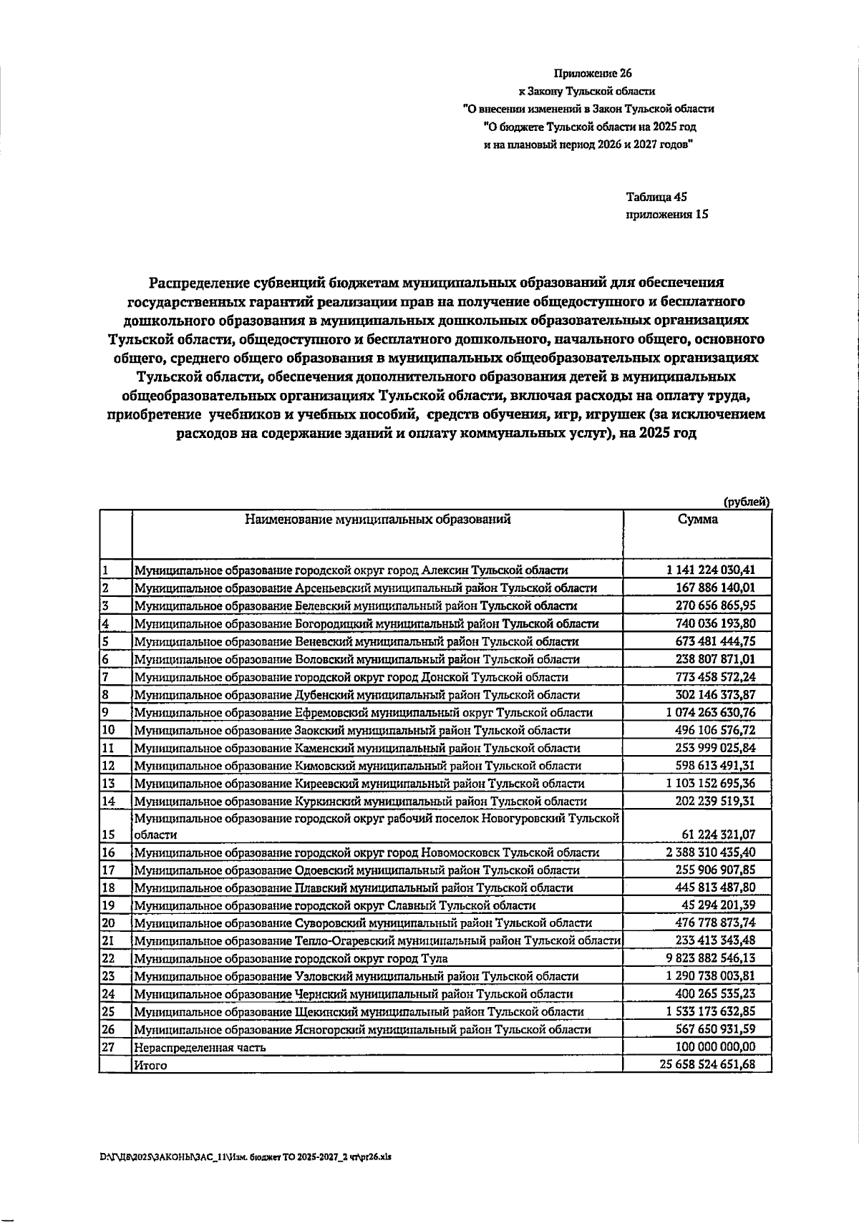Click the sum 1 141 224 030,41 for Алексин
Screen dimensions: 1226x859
pyautogui.click(x=709, y=570)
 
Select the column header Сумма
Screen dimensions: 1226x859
pyautogui.click(x=697, y=520)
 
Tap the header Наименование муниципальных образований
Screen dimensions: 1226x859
pyautogui.click(x=378, y=520)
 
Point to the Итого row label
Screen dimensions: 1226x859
pyautogui.click(x=150, y=1066)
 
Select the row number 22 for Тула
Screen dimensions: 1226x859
pyautogui.click(x=109, y=958)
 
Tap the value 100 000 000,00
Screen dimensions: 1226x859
pyautogui.click(x=715, y=1047)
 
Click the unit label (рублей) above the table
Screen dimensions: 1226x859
pyautogui.click(x=747, y=502)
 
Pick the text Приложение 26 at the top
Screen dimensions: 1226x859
pyautogui.click(x=593, y=73)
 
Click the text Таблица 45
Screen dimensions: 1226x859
pyautogui.click(x=656, y=196)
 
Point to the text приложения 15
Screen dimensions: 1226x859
pyautogui.click(x=666, y=214)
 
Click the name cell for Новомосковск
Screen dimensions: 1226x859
pyautogui.click(x=367, y=852)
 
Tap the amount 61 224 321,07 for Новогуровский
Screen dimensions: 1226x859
pyautogui.click(x=718, y=835)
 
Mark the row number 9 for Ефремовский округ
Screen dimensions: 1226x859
pyautogui.click(x=105, y=712)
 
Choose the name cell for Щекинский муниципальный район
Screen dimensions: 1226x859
pyautogui.click(x=359, y=1012)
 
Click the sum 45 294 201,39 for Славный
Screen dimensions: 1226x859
pyautogui.click(x=718, y=905)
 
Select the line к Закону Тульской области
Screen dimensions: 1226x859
pyautogui.click(x=586, y=92)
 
